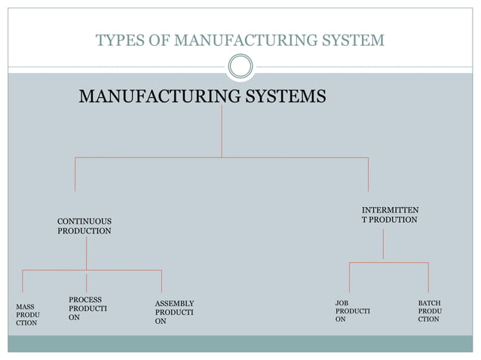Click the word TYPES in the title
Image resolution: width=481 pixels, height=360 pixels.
(x=120, y=40)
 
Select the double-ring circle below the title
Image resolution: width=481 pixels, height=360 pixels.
(x=240, y=66)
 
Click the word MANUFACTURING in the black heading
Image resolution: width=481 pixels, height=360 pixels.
(x=160, y=96)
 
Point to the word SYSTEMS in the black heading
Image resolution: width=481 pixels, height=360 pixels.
(x=286, y=96)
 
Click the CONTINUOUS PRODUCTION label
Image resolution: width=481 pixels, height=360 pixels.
(x=84, y=226)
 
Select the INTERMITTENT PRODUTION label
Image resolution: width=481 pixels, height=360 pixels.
(x=391, y=215)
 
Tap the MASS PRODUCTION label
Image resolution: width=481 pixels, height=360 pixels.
(x=28, y=315)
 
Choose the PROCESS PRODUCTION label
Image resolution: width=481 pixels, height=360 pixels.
(x=87, y=308)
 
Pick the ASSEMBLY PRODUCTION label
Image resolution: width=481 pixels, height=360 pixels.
(x=174, y=313)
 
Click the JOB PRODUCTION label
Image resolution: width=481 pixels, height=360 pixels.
(x=353, y=311)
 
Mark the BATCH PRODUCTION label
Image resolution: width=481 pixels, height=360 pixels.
(x=430, y=311)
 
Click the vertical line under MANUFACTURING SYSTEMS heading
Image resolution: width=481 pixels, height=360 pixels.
(x=222, y=132)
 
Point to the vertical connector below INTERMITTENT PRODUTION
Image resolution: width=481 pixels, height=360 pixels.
(x=383, y=244)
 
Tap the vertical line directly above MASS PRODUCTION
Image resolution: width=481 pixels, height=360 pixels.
(x=23, y=281)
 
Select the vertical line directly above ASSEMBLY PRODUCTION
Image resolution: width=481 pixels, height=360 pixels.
(x=161, y=281)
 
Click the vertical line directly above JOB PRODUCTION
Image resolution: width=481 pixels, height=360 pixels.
(x=349, y=277)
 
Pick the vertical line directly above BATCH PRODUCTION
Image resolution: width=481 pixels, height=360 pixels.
(x=428, y=277)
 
